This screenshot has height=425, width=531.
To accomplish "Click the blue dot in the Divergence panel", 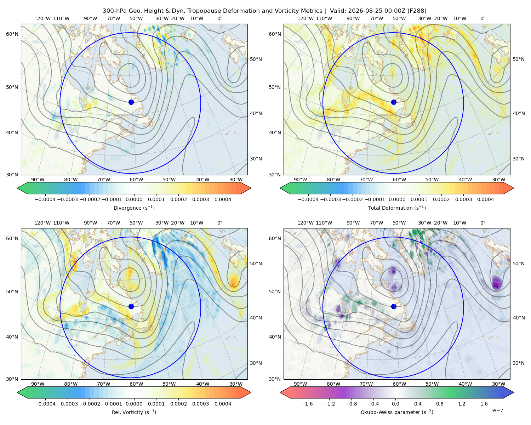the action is click(x=131, y=102).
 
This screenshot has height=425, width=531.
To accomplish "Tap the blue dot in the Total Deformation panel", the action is click(x=394, y=102).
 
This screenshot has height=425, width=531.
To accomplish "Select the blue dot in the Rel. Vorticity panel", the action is click(x=131, y=306).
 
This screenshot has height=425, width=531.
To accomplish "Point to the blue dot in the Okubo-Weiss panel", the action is click(x=394, y=306).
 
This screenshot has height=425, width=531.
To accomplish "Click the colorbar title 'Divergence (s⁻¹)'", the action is click(x=134, y=208).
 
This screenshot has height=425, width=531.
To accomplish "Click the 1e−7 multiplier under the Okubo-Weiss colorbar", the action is click(x=496, y=410).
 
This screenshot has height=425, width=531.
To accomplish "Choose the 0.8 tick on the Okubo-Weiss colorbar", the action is click(x=440, y=404).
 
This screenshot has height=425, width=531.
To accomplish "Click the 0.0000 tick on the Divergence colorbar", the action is click(x=134, y=199).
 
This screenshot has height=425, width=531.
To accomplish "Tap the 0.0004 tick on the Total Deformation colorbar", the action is click(x=486, y=199).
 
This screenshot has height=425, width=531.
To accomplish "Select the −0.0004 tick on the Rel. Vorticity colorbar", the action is click(x=45, y=404).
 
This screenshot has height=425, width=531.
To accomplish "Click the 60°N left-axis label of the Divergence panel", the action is click(x=12, y=34).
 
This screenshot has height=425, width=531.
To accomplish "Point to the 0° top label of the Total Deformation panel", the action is click(x=483, y=18).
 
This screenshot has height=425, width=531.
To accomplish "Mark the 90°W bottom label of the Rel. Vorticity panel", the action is click(x=38, y=384).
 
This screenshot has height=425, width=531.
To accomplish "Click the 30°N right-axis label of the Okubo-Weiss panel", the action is click(x=519, y=363).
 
